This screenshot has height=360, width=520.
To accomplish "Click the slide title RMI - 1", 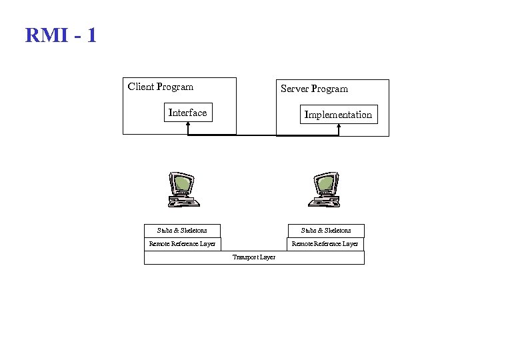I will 61,35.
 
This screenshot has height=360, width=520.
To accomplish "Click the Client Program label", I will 161,87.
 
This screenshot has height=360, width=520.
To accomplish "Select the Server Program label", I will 314,89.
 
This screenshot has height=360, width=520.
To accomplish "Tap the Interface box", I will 187,113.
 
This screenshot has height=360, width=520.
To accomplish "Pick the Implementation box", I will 338,115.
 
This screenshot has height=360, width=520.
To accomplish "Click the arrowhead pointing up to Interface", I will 188,126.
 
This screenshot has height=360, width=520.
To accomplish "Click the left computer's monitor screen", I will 181,182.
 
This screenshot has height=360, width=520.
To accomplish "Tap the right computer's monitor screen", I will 326,182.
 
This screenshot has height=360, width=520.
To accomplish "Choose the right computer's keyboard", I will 327,201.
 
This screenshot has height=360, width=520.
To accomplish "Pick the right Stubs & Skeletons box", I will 326,231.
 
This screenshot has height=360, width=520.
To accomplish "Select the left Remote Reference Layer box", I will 182,244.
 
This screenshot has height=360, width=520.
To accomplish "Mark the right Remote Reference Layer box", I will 325,244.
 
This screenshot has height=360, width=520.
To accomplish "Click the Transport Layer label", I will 254,257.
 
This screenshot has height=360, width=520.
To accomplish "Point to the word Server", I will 294,89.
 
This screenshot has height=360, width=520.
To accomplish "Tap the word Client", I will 140,87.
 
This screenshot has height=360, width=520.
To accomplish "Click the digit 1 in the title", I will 91,35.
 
